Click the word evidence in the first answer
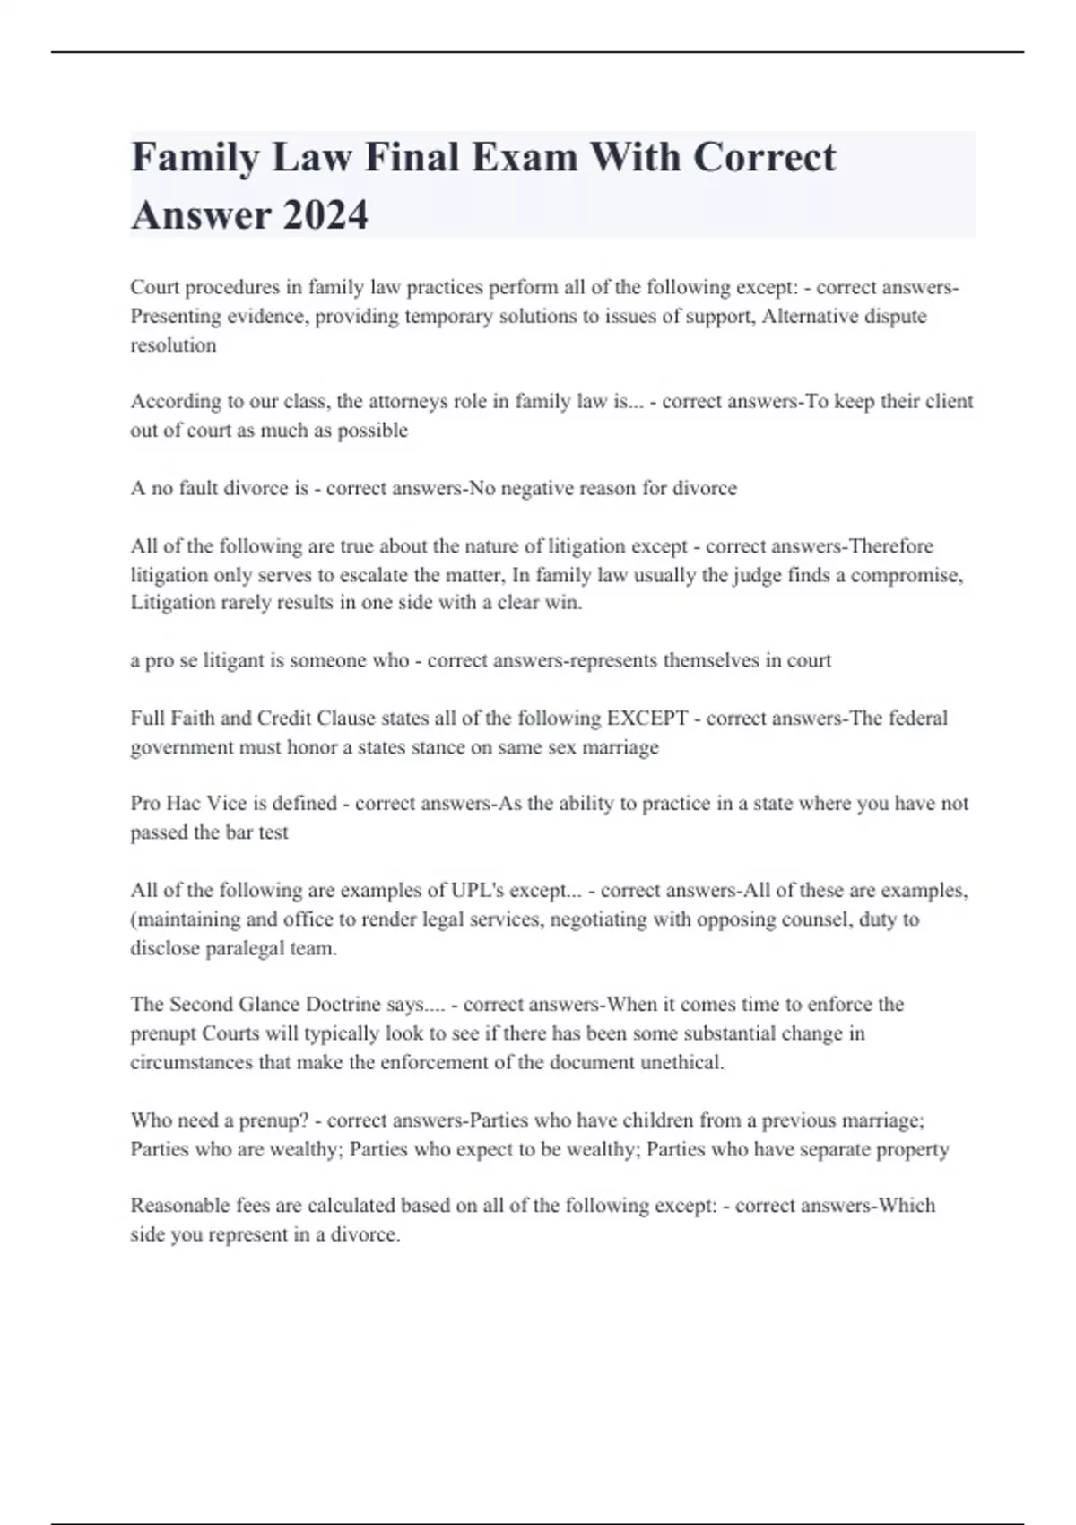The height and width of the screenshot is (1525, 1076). [260, 316]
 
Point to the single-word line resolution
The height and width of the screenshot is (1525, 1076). [173, 344]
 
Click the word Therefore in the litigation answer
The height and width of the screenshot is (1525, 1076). [890, 545]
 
